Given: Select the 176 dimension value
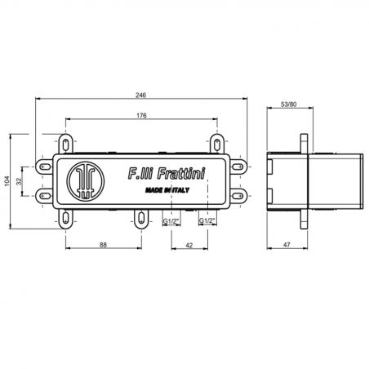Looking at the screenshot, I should pos(140,116).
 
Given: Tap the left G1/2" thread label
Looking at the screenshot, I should pos(171,220).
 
